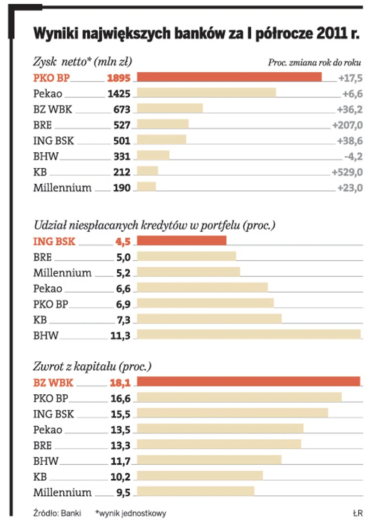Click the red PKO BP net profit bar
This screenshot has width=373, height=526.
pyautogui.click(x=229, y=77)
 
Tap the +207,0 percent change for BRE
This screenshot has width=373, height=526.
pyautogui.click(x=347, y=125)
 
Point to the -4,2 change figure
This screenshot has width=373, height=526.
pyautogui.click(x=352, y=156)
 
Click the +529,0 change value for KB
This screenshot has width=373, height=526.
pyautogui.click(x=347, y=172)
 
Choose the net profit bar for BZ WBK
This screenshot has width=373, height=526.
pyautogui.click(x=170, y=109)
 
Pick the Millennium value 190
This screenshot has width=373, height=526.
pyautogui.click(x=122, y=188)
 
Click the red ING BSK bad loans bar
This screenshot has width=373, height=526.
pyautogui.click(x=182, y=241)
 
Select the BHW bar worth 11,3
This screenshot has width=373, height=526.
pyautogui.click(x=249, y=334)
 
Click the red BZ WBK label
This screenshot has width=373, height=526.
pyautogui.click(x=53, y=383)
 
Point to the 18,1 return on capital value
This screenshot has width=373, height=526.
pyautogui.click(x=120, y=383)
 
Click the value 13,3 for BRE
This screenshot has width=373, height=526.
pyautogui.click(x=120, y=446)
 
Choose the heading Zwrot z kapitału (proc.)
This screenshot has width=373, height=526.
pyautogui.click(x=92, y=366)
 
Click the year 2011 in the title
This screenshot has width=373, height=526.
pyautogui.click(x=329, y=33)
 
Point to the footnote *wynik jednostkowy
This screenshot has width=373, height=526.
pyautogui.click(x=130, y=513)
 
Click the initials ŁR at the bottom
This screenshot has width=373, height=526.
pyautogui.click(x=356, y=513)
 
